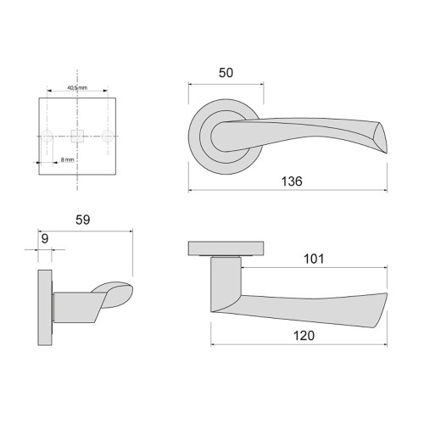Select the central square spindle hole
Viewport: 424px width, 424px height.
78,135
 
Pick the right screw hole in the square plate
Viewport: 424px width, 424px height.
108,135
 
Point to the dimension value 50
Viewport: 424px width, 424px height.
226,74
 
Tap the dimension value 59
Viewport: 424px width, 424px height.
82,219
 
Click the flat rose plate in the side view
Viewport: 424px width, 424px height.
225,248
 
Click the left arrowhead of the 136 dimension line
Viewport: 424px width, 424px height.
192,189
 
